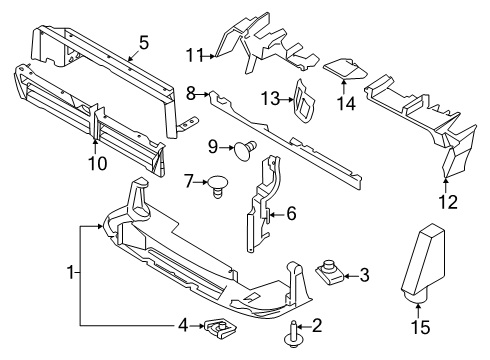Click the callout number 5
pyautogui.click(x=144, y=42)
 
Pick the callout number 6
pyautogui.click(x=291, y=212)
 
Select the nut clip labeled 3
pyautogui.click(x=331, y=270)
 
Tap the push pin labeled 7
pyautogui.click(x=217, y=185)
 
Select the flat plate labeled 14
pyautogui.click(x=346, y=66)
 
